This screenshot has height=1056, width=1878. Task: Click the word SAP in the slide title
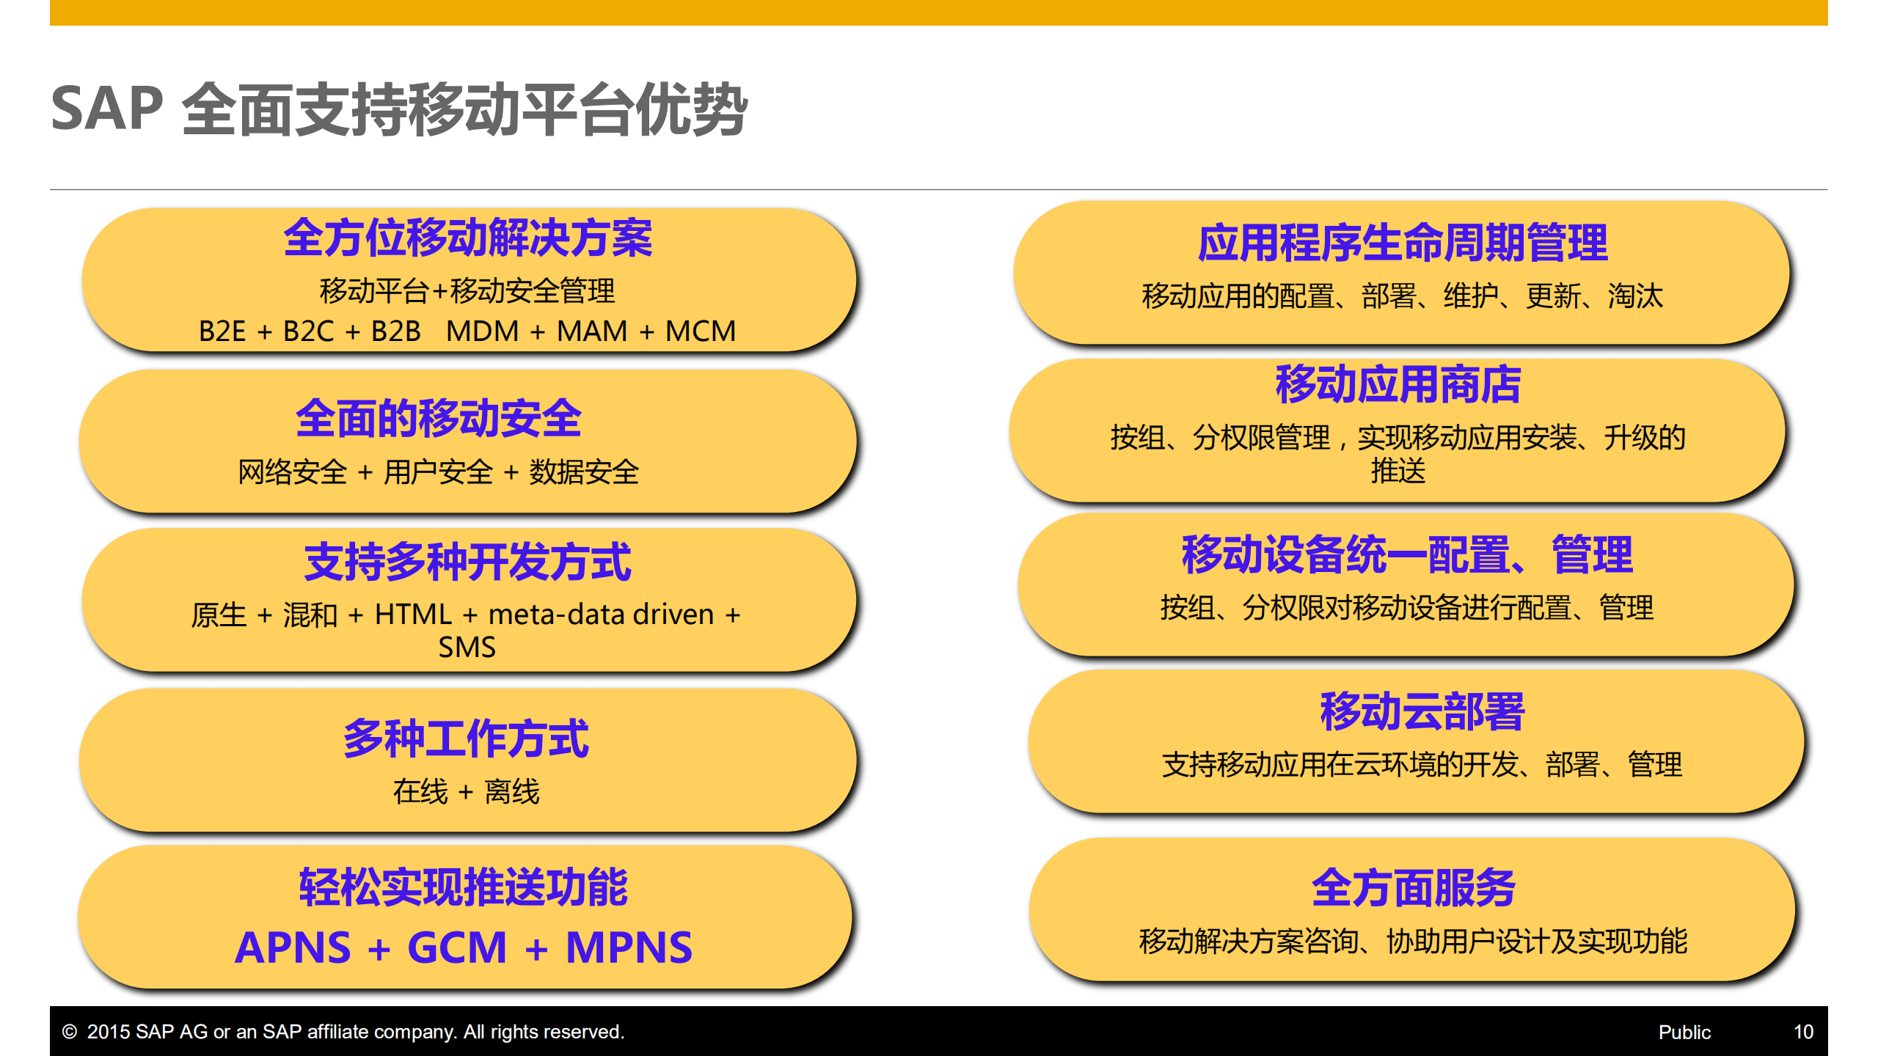107,109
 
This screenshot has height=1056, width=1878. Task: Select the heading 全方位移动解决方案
468,238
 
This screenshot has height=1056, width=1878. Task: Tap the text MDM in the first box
482,331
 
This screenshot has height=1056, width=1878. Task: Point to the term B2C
308,331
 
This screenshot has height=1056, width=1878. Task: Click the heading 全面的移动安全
439,418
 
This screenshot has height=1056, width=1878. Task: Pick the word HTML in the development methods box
413,615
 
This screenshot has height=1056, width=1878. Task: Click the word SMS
467,648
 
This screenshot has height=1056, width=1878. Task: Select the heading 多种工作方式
466,738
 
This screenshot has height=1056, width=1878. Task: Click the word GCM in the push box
457,947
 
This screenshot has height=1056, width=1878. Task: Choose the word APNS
293,947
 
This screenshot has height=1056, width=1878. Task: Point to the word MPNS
629,947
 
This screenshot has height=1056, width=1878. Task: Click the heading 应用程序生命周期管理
1402,243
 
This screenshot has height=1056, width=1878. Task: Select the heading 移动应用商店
1398,384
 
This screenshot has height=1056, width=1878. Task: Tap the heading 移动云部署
1422,711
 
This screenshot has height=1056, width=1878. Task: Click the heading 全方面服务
1413,887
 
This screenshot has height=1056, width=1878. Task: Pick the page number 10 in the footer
1803,1032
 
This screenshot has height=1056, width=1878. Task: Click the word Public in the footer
1684,1033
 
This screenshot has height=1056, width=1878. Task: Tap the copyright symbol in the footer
70,1032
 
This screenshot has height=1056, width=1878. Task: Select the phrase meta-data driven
601,615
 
